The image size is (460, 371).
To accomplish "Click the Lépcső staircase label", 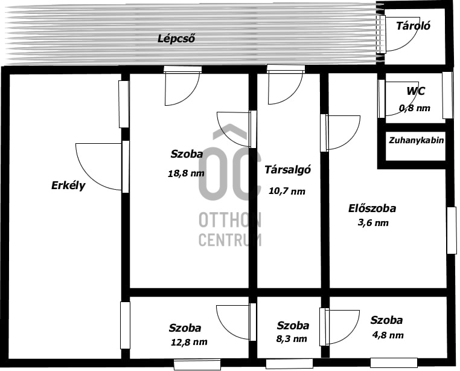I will (x=176, y=39).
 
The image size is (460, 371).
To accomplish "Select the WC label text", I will (x=415, y=91).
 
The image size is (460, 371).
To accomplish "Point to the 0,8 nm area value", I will (x=415, y=108).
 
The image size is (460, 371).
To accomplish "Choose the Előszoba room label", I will (x=372, y=208).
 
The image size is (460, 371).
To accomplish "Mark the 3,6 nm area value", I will (x=372, y=223).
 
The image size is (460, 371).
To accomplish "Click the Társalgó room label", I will (x=287, y=170).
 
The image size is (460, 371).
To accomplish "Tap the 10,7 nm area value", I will (x=287, y=191).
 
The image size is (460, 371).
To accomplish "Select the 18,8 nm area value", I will (x=186, y=173).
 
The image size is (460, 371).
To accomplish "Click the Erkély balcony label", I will (x=68, y=185).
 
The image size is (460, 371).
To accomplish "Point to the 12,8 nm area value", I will (x=189, y=342).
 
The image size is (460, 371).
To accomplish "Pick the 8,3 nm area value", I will (x=292, y=339).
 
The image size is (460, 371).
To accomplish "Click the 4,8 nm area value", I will (x=387, y=335).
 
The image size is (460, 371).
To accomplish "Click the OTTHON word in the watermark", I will (x=230, y=221).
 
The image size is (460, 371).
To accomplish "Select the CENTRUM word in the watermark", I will (x=230, y=239).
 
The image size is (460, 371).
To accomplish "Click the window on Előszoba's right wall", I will (x=451, y=230).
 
